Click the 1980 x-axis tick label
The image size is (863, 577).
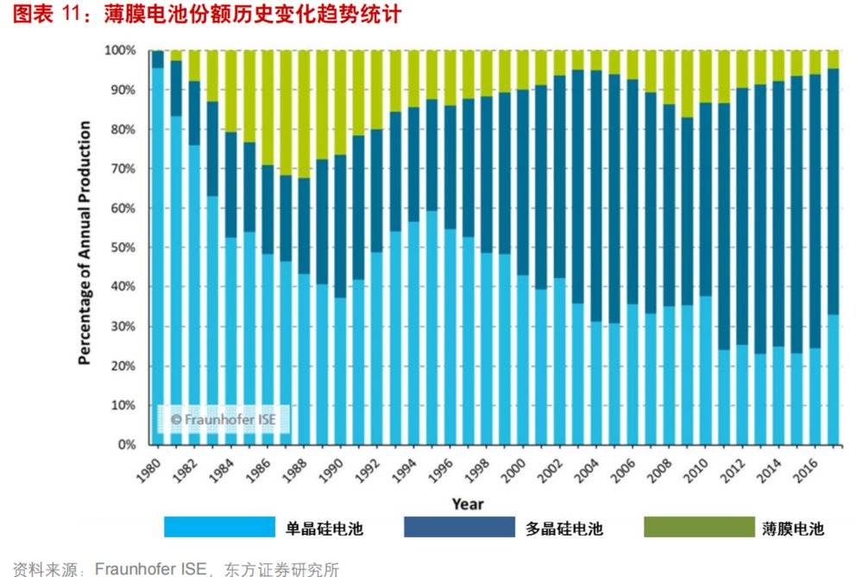(x=149, y=472)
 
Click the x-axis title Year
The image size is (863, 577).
(x=468, y=504)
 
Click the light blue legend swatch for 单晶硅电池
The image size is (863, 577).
(x=218, y=527)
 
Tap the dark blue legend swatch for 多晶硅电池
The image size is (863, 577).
(x=458, y=527)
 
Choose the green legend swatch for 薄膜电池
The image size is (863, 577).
(x=698, y=527)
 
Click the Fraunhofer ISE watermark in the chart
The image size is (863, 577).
(x=222, y=419)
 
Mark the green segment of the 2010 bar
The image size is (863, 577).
(x=704, y=77)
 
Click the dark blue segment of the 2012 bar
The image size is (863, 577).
(x=740, y=216)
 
